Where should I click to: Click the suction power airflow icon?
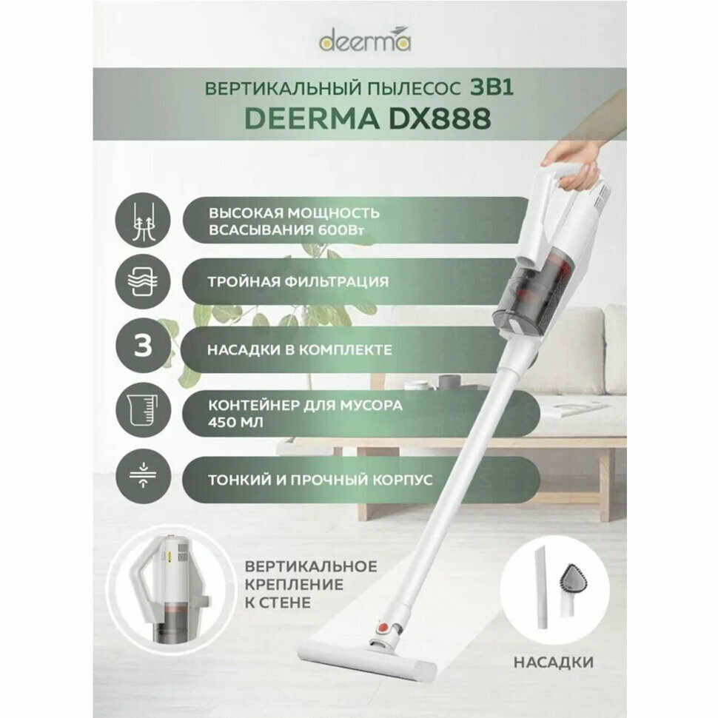(144, 221)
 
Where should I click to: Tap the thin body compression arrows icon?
(144, 478)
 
